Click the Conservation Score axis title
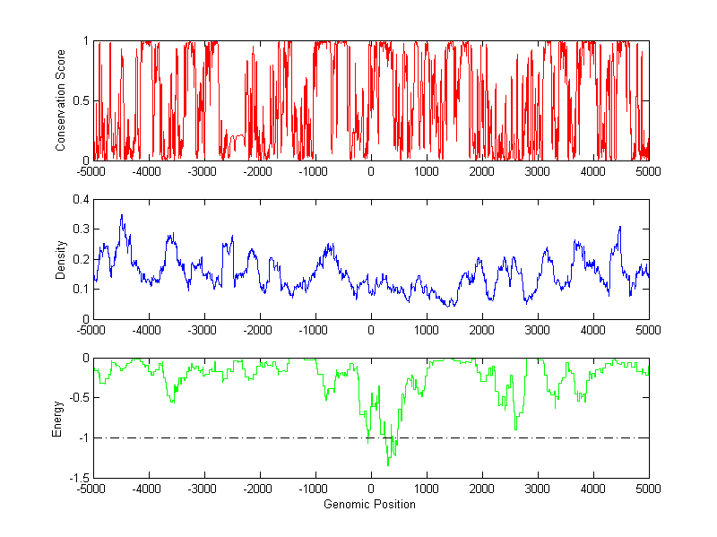pyautogui.click(x=62, y=100)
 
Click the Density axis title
pyautogui.click(x=62, y=259)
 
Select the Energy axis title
pyautogui.click(x=58, y=418)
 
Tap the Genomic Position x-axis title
pyautogui.click(x=371, y=504)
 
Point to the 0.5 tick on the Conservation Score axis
pyautogui.click(x=81, y=100)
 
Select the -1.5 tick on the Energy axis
pyautogui.click(x=79, y=478)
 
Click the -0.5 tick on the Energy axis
pyautogui.click(x=79, y=398)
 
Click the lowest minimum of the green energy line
pyautogui.click(x=388, y=465)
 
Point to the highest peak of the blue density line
pyautogui.click(x=122, y=215)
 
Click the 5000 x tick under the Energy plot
pyautogui.click(x=649, y=489)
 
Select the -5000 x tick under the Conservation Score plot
pyautogui.click(x=91, y=172)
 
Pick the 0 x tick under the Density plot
pyautogui.click(x=371, y=331)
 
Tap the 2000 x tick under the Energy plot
pyautogui.click(x=482, y=489)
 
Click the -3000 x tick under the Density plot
pyautogui.click(x=203, y=331)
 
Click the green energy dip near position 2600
pyautogui.click(x=515, y=429)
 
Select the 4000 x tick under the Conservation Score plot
pyautogui.click(x=593, y=172)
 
